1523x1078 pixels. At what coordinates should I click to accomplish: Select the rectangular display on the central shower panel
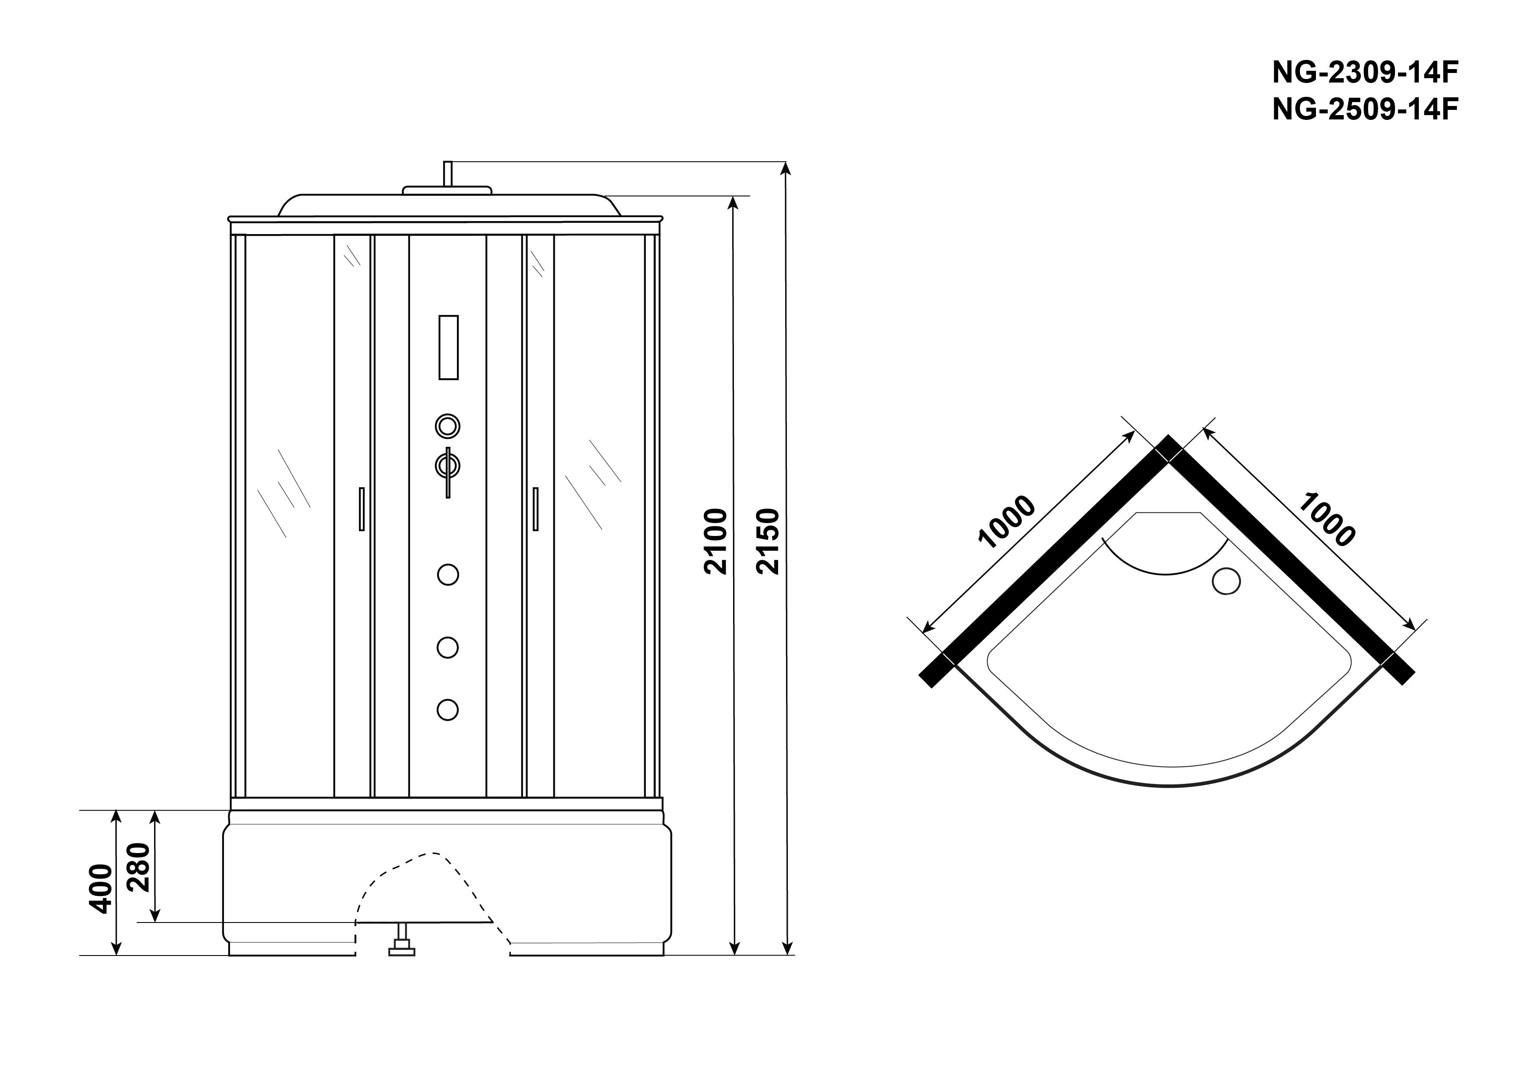pyautogui.click(x=448, y=347)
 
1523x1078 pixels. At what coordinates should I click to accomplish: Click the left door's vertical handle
pyautogui.click(x=362, y=509)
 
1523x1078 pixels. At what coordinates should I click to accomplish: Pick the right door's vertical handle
pyautogui.click(x=535, y=509)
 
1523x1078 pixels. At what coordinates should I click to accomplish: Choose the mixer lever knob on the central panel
pyautogui.click(x=448, y=466)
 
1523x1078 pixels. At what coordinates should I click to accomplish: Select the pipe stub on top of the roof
pyautogui.click(x=448, y=174)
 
